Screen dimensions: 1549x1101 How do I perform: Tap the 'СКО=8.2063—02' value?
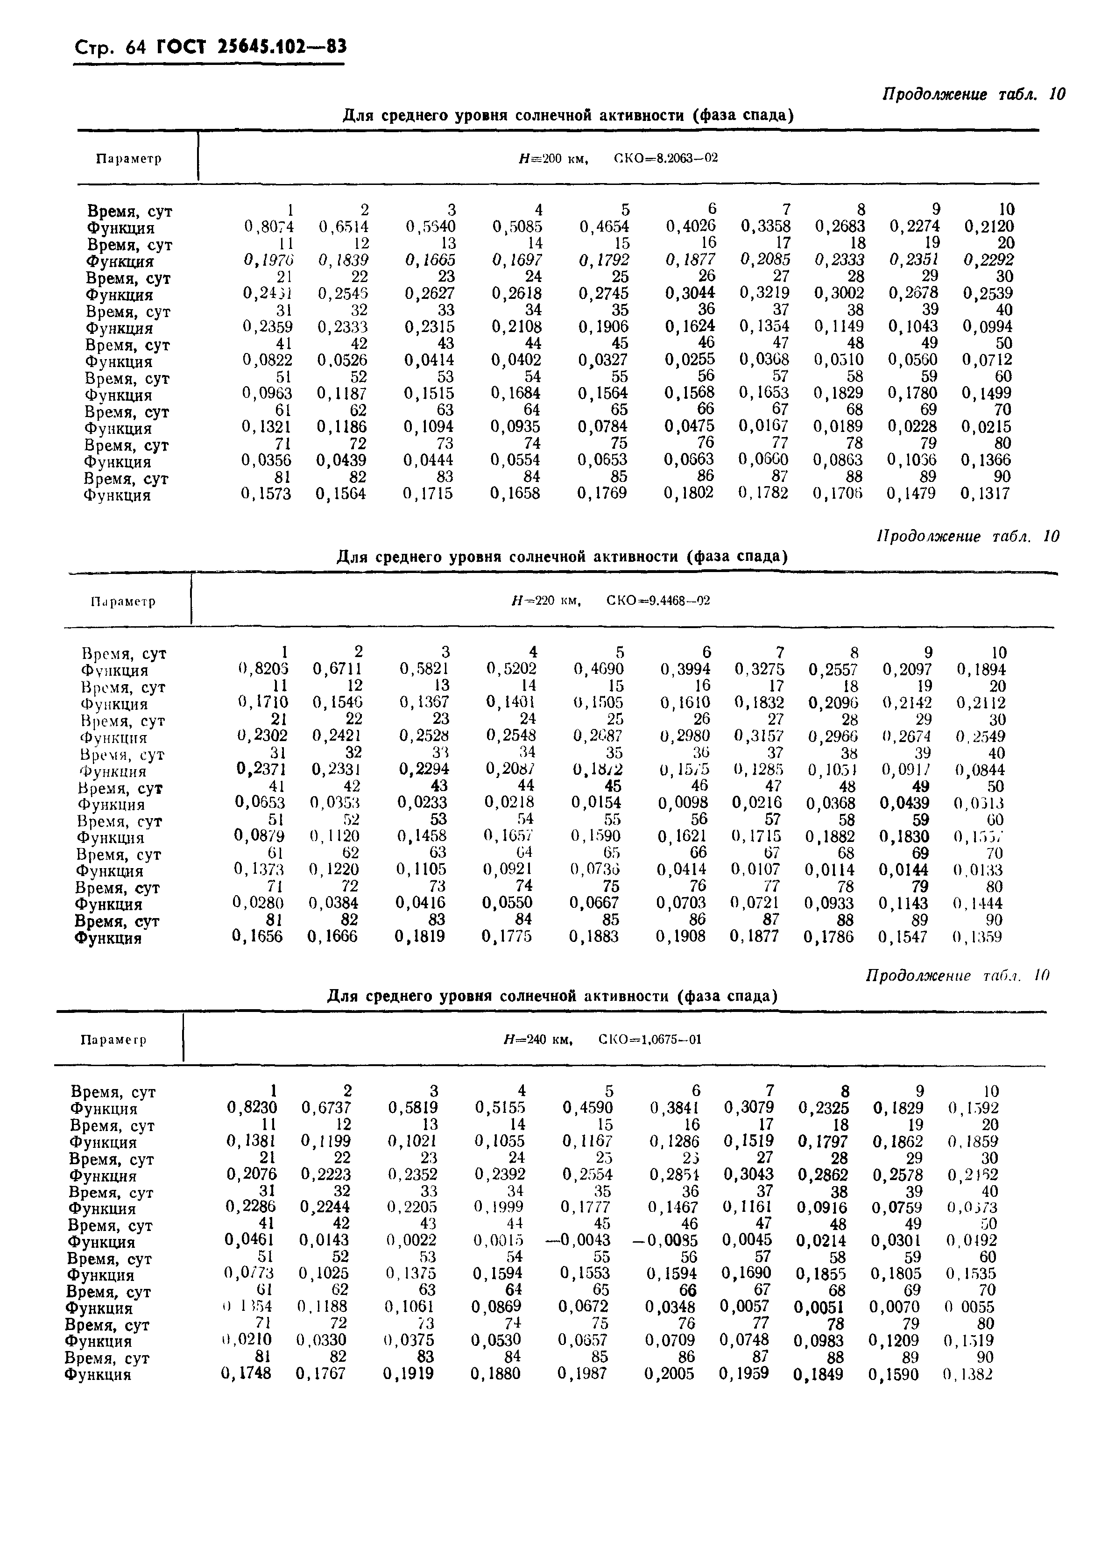(x=665, y=158)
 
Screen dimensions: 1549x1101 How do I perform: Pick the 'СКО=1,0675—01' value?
(x=650, y=1039)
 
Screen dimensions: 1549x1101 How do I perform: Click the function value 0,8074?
(x=268, y=226)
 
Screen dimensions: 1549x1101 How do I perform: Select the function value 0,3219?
(x=764, y=293)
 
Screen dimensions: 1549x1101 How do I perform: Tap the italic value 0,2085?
(x=764, y=260)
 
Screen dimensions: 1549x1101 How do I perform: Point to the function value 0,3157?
(x=759, y=736)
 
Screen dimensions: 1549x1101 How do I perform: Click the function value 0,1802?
(x=688, y=493)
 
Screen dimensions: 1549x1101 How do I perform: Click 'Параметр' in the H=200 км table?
(x=129, y=159)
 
